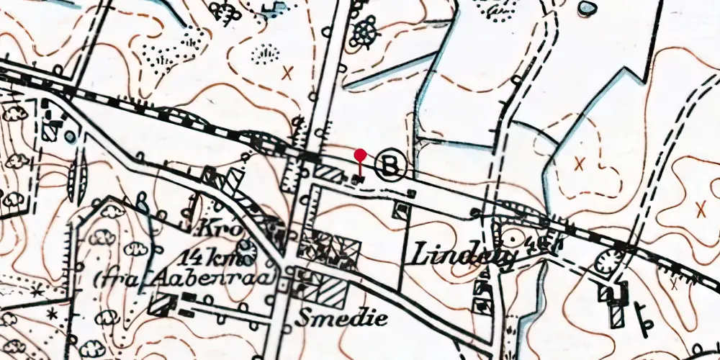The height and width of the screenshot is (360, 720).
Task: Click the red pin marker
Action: click(x=361, y=155)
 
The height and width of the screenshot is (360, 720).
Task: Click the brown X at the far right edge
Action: click(x=701, y=208)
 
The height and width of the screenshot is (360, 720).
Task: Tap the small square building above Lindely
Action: click(x=401, y=210)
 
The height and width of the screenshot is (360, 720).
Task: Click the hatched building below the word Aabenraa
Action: click(x=162, y=305)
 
